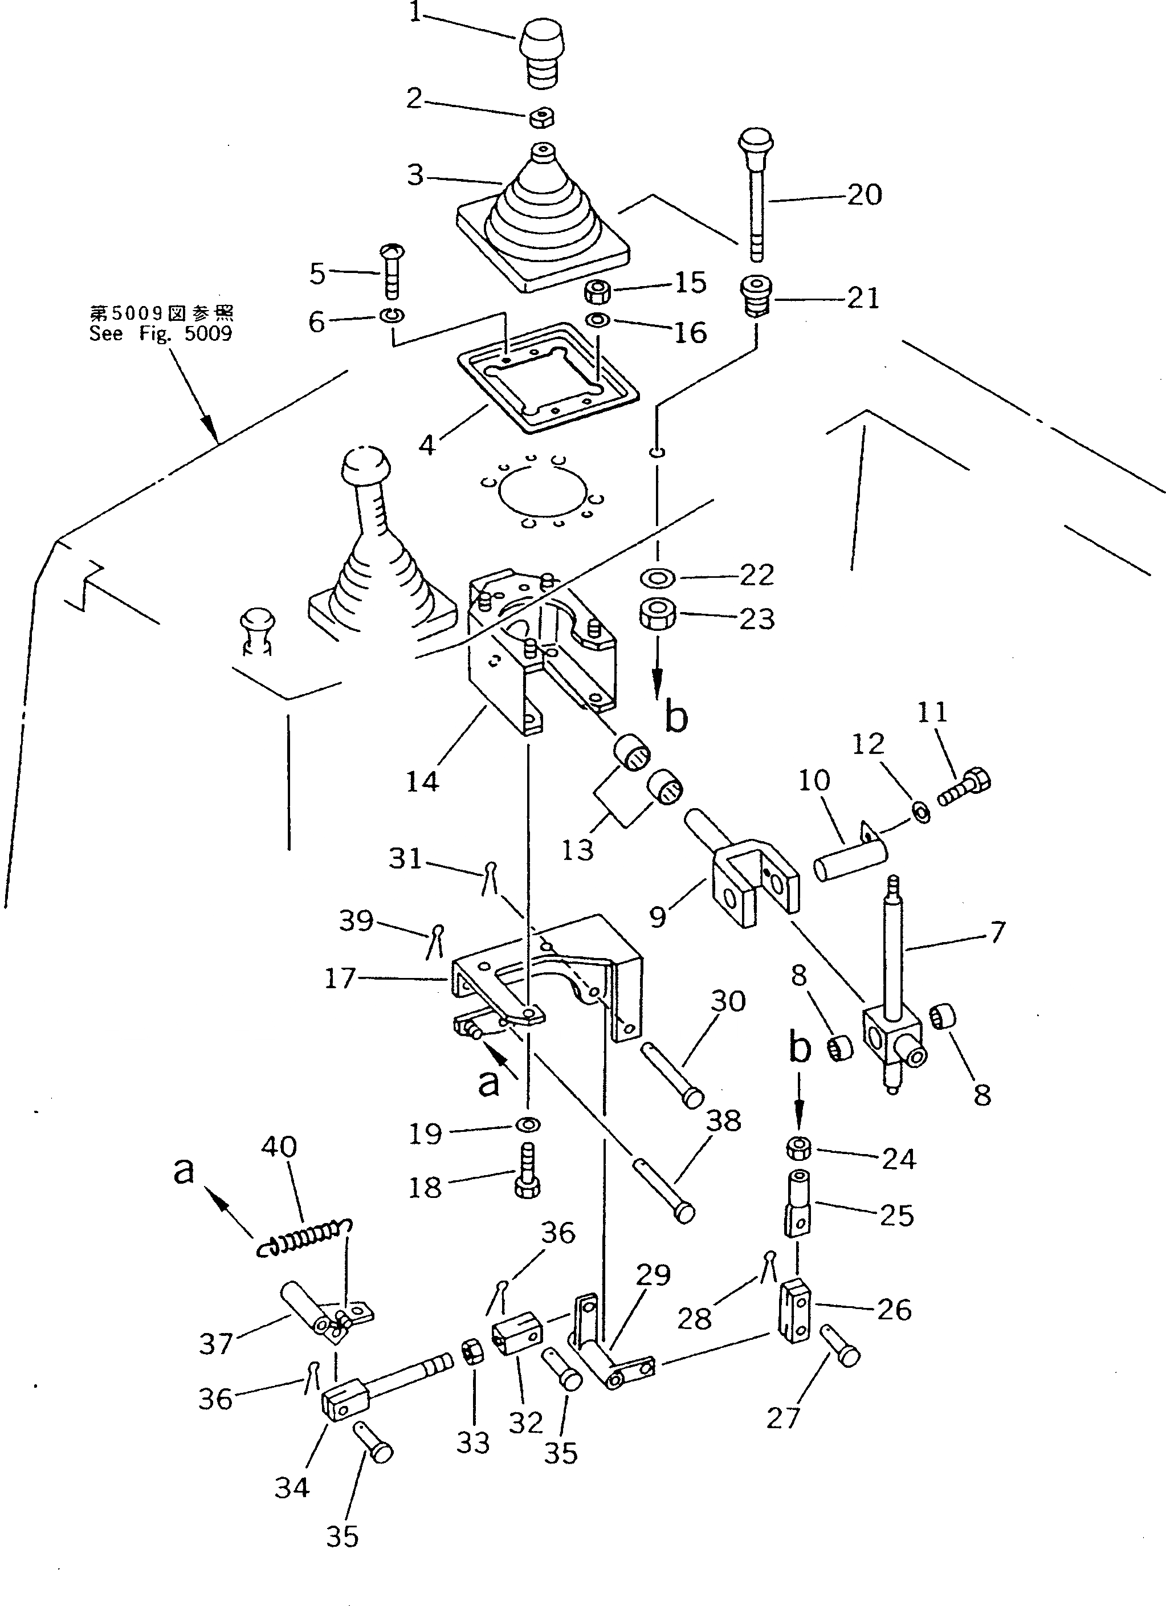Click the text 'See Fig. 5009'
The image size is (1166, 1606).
point(161,333)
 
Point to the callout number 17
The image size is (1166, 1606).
point(339,979)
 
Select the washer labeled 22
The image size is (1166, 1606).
point(658,578)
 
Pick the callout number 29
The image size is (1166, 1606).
point(653,1275)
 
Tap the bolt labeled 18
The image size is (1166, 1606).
point(527,1179)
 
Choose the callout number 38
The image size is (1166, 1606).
point(724,1120)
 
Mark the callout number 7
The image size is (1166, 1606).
point(997,932)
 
